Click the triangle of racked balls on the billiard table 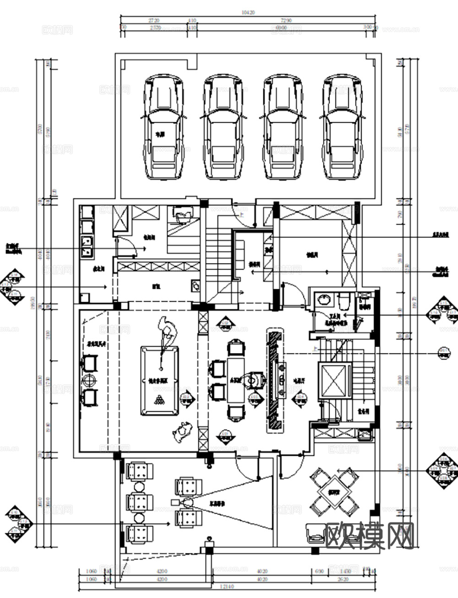pyautogui.click(x=159, y=400)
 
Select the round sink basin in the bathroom pyautogui.click(x=325, y=299)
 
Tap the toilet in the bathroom pyautogui.click(x=343, y=300)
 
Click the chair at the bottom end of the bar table pyautogui.click(x=235, y=412)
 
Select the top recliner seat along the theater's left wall pyautogui.click(x=139, y=471)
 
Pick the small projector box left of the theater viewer pyautogui.click(x=174, y=503)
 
